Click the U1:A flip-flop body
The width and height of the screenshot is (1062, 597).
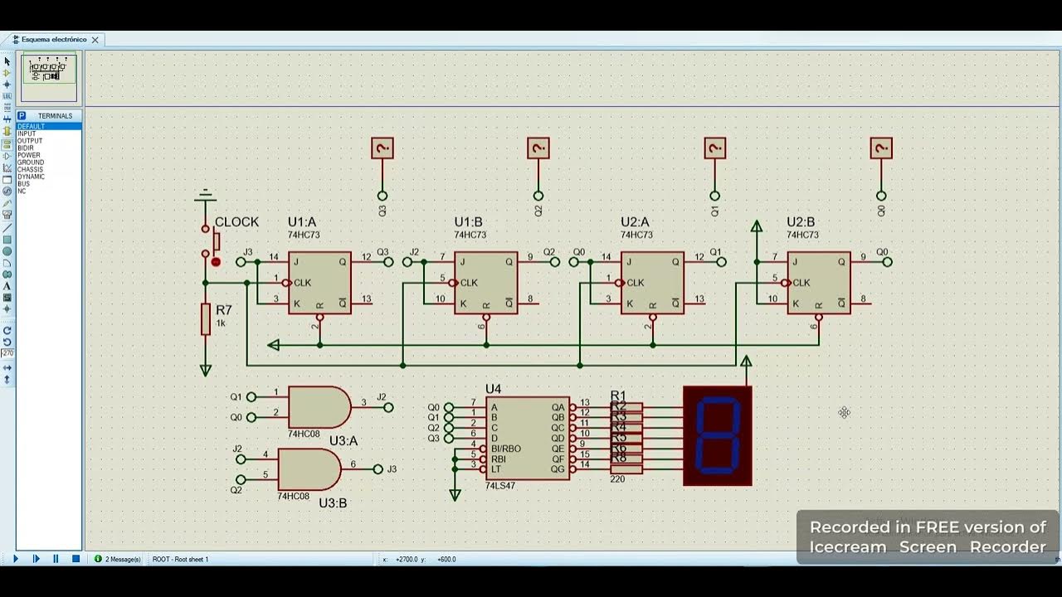319,283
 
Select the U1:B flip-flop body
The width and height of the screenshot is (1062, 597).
486,283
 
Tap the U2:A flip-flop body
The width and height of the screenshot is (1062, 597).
652,283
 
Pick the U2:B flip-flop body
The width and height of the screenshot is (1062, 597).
819,283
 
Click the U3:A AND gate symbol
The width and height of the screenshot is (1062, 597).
318,407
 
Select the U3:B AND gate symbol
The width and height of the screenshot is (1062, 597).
308,469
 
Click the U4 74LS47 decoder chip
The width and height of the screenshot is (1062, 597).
528,438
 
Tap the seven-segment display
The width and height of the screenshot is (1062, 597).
718,435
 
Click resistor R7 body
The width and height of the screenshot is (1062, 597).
206,319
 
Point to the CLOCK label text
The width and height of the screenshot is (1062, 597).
236,222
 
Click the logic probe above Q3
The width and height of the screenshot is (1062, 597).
382,148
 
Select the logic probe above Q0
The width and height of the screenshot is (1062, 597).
881,148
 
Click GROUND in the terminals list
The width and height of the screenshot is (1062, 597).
31,163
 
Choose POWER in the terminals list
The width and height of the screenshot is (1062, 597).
29,155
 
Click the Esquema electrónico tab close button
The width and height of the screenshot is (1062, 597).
95,40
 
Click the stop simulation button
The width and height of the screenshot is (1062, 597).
76,559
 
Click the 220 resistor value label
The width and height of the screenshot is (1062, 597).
617,479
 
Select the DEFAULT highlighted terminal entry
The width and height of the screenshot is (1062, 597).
32,126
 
